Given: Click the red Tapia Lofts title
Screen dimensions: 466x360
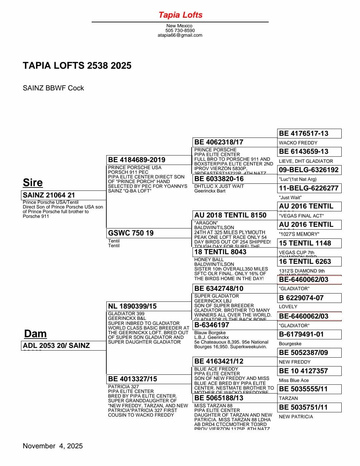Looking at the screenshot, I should pyautogui.click(x=180, y=15).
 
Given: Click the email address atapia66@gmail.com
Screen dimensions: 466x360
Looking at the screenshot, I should pyautogui.click(x=180, y=35).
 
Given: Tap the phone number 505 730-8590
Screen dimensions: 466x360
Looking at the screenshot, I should pyautogui.click(x=180, y=30).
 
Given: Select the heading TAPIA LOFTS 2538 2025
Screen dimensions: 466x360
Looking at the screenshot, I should pyautogui.click(x=77, y=65).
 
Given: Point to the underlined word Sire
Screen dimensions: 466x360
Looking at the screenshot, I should pyautogui.click(x=33, y=182).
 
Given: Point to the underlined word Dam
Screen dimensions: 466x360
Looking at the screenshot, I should pyautogui.click(x=35, y=334).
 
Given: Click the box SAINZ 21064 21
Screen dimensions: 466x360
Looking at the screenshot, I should pyautogui.click(x=63, y=195).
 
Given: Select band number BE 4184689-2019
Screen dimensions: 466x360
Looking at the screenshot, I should pyautogui.click(x=149, y=160).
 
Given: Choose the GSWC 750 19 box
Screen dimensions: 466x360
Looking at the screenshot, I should pyautogui.click(x=149, y=233).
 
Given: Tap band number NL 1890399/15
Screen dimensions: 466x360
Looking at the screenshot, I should pyautogui.click(x=149, y=306).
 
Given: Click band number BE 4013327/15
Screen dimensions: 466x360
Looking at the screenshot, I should pyautogui.click(x=149, y=379).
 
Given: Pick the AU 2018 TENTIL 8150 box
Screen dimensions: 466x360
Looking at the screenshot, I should pyautogui.click(x=235, y=215).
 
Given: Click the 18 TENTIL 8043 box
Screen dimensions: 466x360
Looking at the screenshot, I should pyautogui.click(x=235, y=252).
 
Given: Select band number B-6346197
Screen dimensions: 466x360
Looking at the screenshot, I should pyautogui.click(x=235, y=325).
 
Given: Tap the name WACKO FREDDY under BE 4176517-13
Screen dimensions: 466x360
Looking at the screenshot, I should pyautogui.click(x=298, y=143).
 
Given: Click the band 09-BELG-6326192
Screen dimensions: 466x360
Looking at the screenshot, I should pyautogui.click(x=309, y=170).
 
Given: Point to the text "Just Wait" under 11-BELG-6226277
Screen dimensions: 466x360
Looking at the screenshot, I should pyautogui.click(x=290, y=197).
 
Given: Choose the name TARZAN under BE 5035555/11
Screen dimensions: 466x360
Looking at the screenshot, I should pyautogui.click(x=288, y=398).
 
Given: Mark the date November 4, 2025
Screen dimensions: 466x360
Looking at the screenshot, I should pyautogui.click(x=53, y=446).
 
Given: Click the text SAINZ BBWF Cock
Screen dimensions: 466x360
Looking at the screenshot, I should pyautogui.click(x=53, y=88).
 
